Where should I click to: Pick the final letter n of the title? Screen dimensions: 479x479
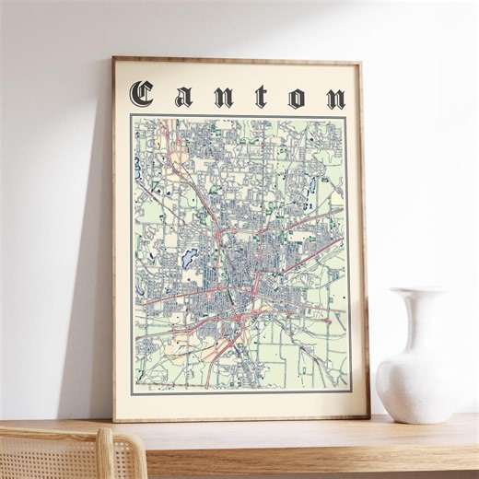pos(335,99)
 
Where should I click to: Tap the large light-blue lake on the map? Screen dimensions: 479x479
pos(192,255)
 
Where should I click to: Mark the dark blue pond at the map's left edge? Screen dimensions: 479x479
pos(137,169)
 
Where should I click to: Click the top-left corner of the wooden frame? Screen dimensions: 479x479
pos(114,58)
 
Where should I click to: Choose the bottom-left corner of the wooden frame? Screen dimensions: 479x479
pos(115,420)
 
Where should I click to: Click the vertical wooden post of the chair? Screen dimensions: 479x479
pos(105,456)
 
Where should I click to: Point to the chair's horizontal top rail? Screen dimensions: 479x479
pos(55,432)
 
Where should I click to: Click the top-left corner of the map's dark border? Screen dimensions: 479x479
pos(131,115)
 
